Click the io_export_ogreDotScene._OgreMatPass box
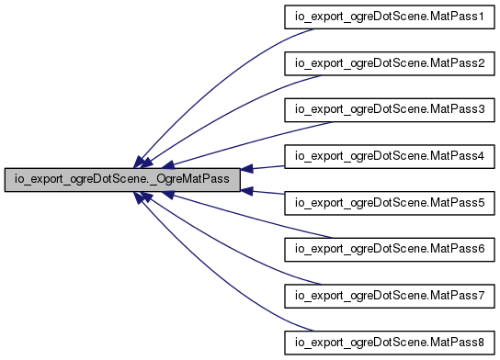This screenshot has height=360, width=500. tap(121, 180)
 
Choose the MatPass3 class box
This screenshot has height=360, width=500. tap(388, 109)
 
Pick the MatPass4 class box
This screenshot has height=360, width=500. tap(388, 156)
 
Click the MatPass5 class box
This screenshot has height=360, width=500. tap(388, 203)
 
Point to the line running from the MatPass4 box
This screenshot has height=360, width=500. tap(267, 166)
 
